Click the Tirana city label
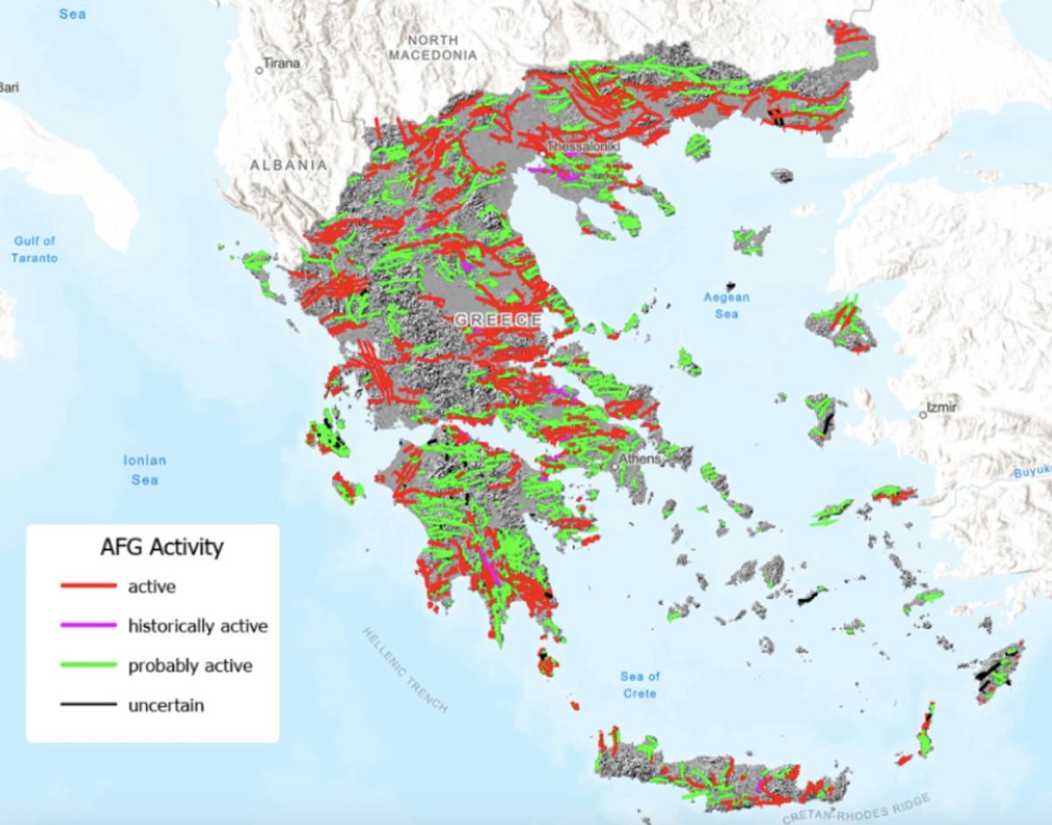tap(283, 64)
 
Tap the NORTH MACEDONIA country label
tap(433, 48)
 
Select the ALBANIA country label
tap(288, 165)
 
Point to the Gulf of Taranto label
tap(36, 249)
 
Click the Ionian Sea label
tap(145, 470)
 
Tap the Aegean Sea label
tap(727, 305)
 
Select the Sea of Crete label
tap(640, 685)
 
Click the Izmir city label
tap(943, 408)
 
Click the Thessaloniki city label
tap(582, 146)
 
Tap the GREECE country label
tap(498, 321)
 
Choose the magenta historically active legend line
tap(88, 626)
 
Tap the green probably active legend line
tap(88, 665)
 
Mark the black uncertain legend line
tap(88, 705)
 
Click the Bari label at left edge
tap(9, 87)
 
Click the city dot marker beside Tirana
tap(259, 69)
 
